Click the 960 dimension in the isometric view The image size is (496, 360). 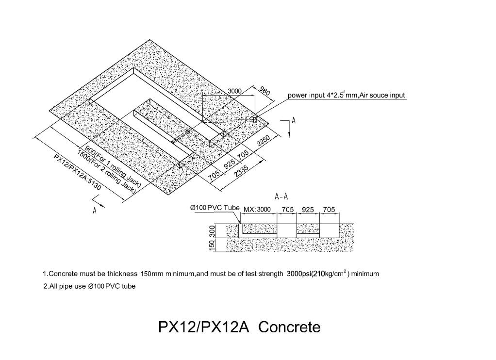[265, 91]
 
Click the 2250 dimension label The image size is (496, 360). [263, 141]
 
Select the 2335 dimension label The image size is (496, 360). [241, 171]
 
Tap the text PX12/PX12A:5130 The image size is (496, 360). [78, 172]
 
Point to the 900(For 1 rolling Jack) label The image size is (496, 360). [113, 167]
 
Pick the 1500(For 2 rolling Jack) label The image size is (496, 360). [107, 171]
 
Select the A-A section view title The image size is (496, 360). [281, 197]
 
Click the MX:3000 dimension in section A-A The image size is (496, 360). [257, 210]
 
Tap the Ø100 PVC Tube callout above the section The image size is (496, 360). [215, 208]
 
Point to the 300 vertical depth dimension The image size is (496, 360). [212, 231]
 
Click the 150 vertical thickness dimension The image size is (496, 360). [212, 245]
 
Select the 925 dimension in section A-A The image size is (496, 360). [308, 210]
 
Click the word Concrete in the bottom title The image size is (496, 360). [289, 327]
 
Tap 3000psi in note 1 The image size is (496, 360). [299, 274]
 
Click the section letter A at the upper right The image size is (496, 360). [294, 120]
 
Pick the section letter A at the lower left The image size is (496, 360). [94, 211]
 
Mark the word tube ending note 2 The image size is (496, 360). [129, 286]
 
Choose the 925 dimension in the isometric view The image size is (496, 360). [229, 164]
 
